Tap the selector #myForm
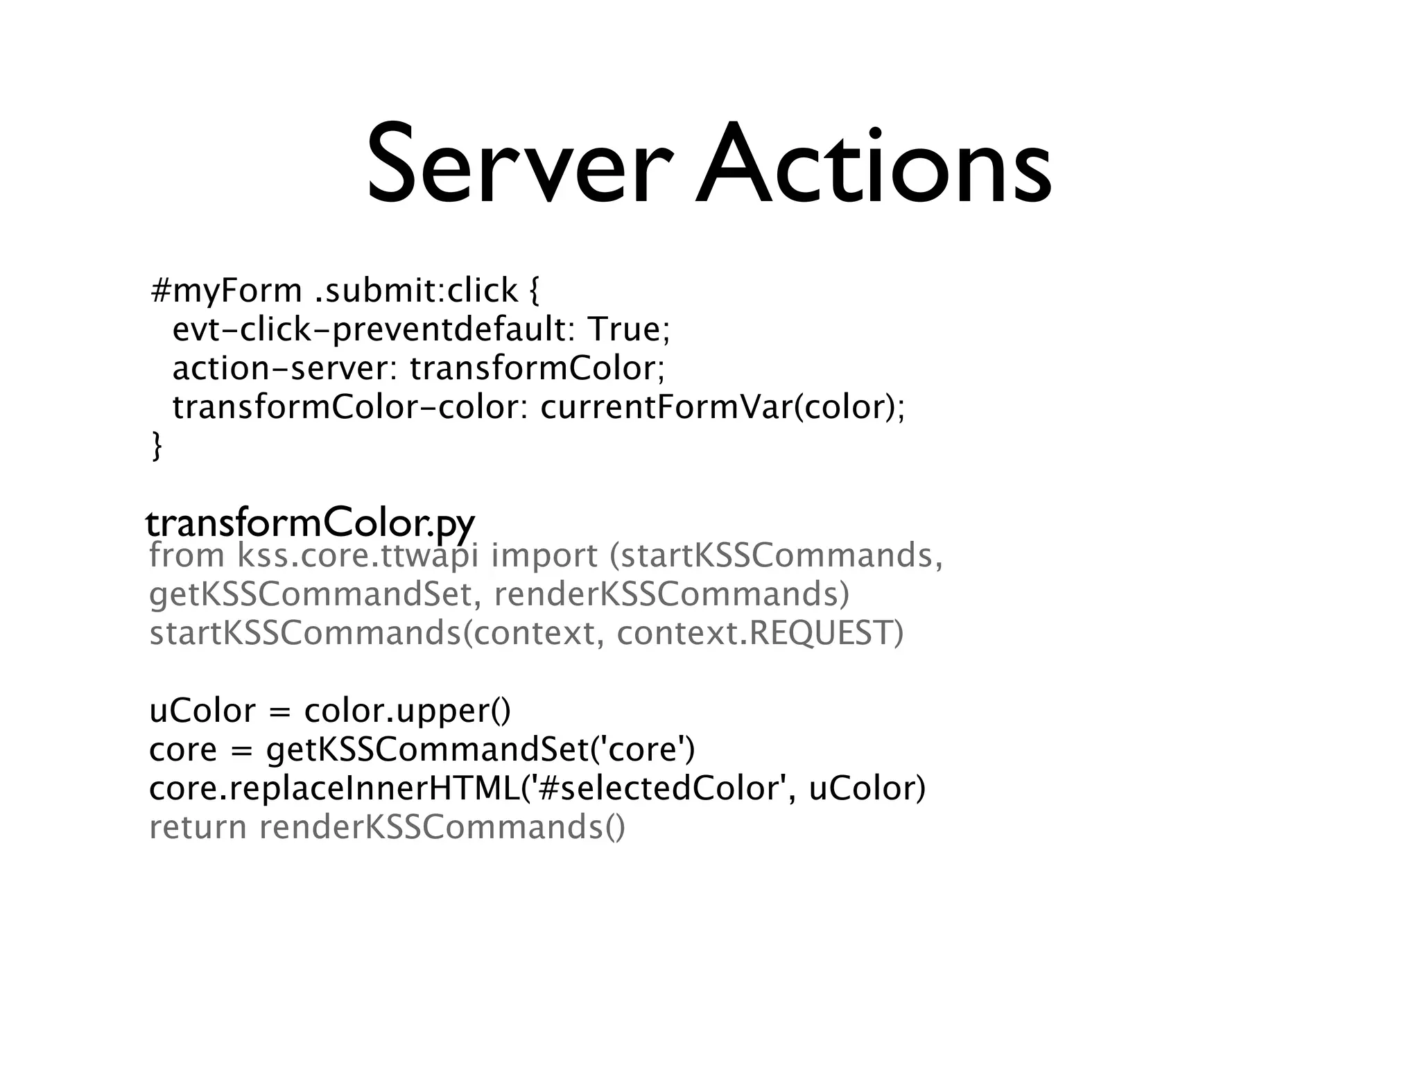tap(227, 291)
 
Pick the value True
tap(628, 329)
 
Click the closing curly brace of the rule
tap(157, 446)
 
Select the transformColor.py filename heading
tap(310, 524)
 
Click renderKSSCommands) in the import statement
tap(671, 594)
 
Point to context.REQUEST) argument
tap(760, 633)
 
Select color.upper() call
tap(407, 711)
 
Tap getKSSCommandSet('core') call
tap(480, 750)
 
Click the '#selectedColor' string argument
tap(663, 788)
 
